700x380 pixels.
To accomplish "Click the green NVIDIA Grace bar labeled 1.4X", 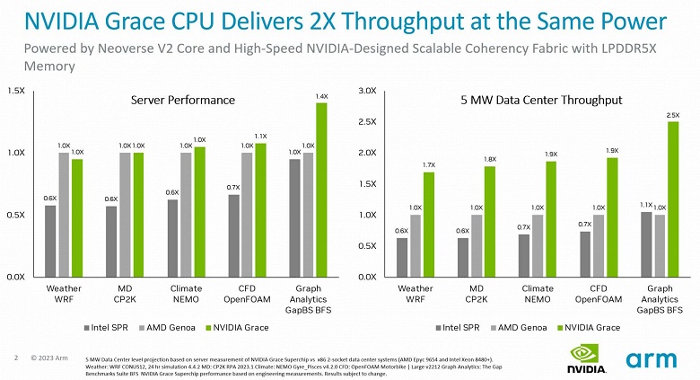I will click(321, 190).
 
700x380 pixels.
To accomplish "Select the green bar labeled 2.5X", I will click(672, 199).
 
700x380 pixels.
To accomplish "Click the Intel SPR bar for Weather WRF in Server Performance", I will click(50, 241).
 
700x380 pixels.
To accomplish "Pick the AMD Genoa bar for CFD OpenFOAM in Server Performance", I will click(246, 215).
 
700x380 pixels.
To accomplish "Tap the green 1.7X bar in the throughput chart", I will click(429, 224).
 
